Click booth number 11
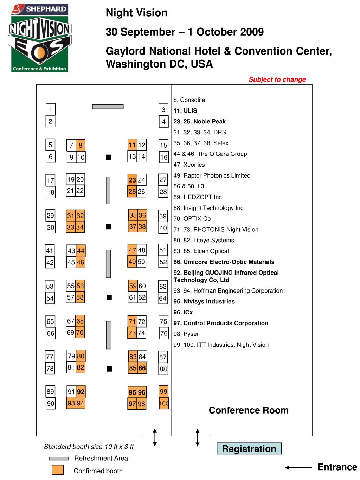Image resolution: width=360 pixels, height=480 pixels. tap(132, 145)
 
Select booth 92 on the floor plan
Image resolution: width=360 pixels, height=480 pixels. tap(81, 392)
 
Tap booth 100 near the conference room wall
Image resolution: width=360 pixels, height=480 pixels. tap(164, 403)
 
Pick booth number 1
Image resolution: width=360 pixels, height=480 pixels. tap(51, 109)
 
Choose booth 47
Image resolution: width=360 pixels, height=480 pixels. tap(132, 250)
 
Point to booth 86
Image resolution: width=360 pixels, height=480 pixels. tap(142, 368)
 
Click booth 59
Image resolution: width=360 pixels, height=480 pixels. tap(133, 286)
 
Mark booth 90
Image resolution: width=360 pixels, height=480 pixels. tap(51, 404)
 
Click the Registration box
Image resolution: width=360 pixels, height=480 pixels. tap(249, 449)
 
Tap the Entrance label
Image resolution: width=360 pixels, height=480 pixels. tap(337, 467)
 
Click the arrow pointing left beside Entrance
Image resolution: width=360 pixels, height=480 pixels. tap(298, 467)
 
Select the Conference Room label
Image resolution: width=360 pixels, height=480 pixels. tap(249, 410)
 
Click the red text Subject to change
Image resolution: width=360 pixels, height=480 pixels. tap(277, 79)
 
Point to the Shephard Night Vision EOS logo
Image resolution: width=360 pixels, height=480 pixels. tap(39, 38)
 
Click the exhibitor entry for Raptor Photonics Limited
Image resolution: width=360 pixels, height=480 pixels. tap(212, 175)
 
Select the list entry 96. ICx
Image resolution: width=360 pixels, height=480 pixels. tap(183, 312)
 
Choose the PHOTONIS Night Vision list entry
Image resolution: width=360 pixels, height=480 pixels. tap(216, 230)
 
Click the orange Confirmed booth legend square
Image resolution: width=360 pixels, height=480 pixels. tap(58, 470)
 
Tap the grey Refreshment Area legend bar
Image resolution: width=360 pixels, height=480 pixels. tap(58, 458)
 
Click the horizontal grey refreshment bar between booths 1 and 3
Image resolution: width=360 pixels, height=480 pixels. tap(108, 107)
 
